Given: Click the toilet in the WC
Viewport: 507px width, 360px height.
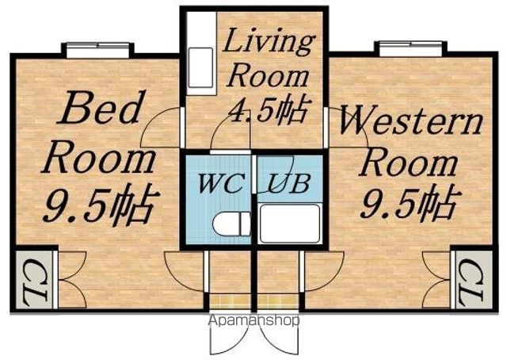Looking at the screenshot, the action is pos(231,224).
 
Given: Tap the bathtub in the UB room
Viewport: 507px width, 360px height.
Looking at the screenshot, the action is pos(290,224).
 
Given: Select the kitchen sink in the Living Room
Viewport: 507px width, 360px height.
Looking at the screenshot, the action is pos(200,67).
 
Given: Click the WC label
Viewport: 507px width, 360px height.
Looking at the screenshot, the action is pos(221,183).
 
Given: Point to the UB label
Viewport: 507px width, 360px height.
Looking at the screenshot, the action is pos(289,183).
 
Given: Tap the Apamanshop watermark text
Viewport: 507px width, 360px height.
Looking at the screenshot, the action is pos(253,320).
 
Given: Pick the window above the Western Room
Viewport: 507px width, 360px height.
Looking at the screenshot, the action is pos(410,49).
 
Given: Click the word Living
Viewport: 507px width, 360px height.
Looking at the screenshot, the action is pos(269,42).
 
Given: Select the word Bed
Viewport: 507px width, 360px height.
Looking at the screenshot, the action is pos(101,108).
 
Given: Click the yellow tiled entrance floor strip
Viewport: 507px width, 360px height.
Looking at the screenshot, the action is pos(253,302).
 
